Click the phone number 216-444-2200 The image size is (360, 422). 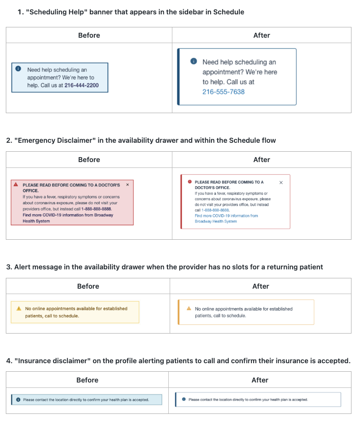pos(82,85)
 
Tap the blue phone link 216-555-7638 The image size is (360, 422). pos(224,92)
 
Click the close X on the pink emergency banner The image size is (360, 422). pos(127,185)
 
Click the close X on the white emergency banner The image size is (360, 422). pos(281,182)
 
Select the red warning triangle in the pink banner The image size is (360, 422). pos(16,185)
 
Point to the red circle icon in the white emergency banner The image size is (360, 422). pos(190,182)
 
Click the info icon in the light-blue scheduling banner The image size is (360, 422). pos(18,69)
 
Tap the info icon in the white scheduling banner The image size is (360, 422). pos(194,61)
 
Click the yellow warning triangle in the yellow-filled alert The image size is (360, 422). pos(19,308)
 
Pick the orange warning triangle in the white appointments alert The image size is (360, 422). pos(189,308)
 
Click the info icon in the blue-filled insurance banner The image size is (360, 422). pos(18,400)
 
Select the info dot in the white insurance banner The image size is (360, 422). pos(184,399)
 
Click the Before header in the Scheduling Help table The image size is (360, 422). pos(89,35)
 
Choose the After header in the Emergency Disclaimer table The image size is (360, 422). pos(262,159)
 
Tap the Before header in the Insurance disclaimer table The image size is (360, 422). pos(88,380)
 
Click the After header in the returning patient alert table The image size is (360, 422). pos(260,286)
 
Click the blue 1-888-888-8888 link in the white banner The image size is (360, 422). pos(215,210)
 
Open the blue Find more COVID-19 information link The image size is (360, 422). pos(226,219)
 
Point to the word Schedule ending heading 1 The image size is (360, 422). pos(228,12)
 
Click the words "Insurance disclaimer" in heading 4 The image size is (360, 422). pos(53,360)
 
